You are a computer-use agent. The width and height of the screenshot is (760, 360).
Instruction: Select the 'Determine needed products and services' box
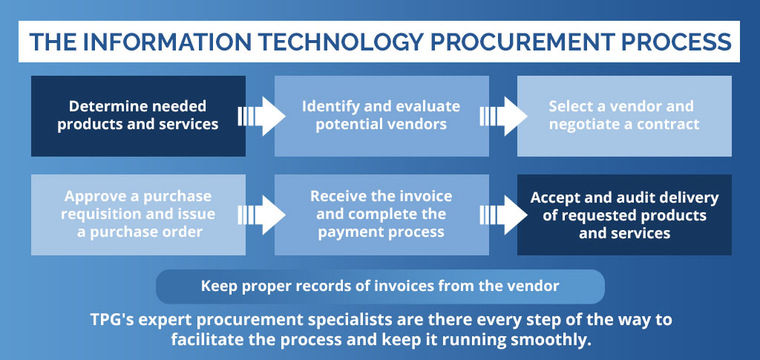pyautogui.click(x=138, y=116)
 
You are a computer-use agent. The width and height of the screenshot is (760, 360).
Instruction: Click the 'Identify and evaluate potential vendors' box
pyautogui.click(x=381, y=116)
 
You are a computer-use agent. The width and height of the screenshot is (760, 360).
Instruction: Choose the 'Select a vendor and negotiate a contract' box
pyautogui.click(x=624, y=116)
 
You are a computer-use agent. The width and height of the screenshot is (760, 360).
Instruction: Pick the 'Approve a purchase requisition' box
pyautogui.click(x=138, y=215)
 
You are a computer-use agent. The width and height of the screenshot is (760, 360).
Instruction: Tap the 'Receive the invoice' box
pyautogui.click(x=381, y=215)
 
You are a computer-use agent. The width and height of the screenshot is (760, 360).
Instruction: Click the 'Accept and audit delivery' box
pyautogui.click(x=624, y=215)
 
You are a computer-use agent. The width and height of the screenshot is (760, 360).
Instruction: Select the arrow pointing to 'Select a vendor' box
pyautogui.click(x=504, y=117)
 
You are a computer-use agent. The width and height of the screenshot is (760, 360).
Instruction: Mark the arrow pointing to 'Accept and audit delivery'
pyautogui.click(x=504, y=215)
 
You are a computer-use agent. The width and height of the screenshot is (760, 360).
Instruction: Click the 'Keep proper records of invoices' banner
pyautogui.click(x=380, y=287)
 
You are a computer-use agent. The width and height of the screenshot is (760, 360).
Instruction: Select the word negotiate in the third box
pyautogui.click(x=582, y=125)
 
